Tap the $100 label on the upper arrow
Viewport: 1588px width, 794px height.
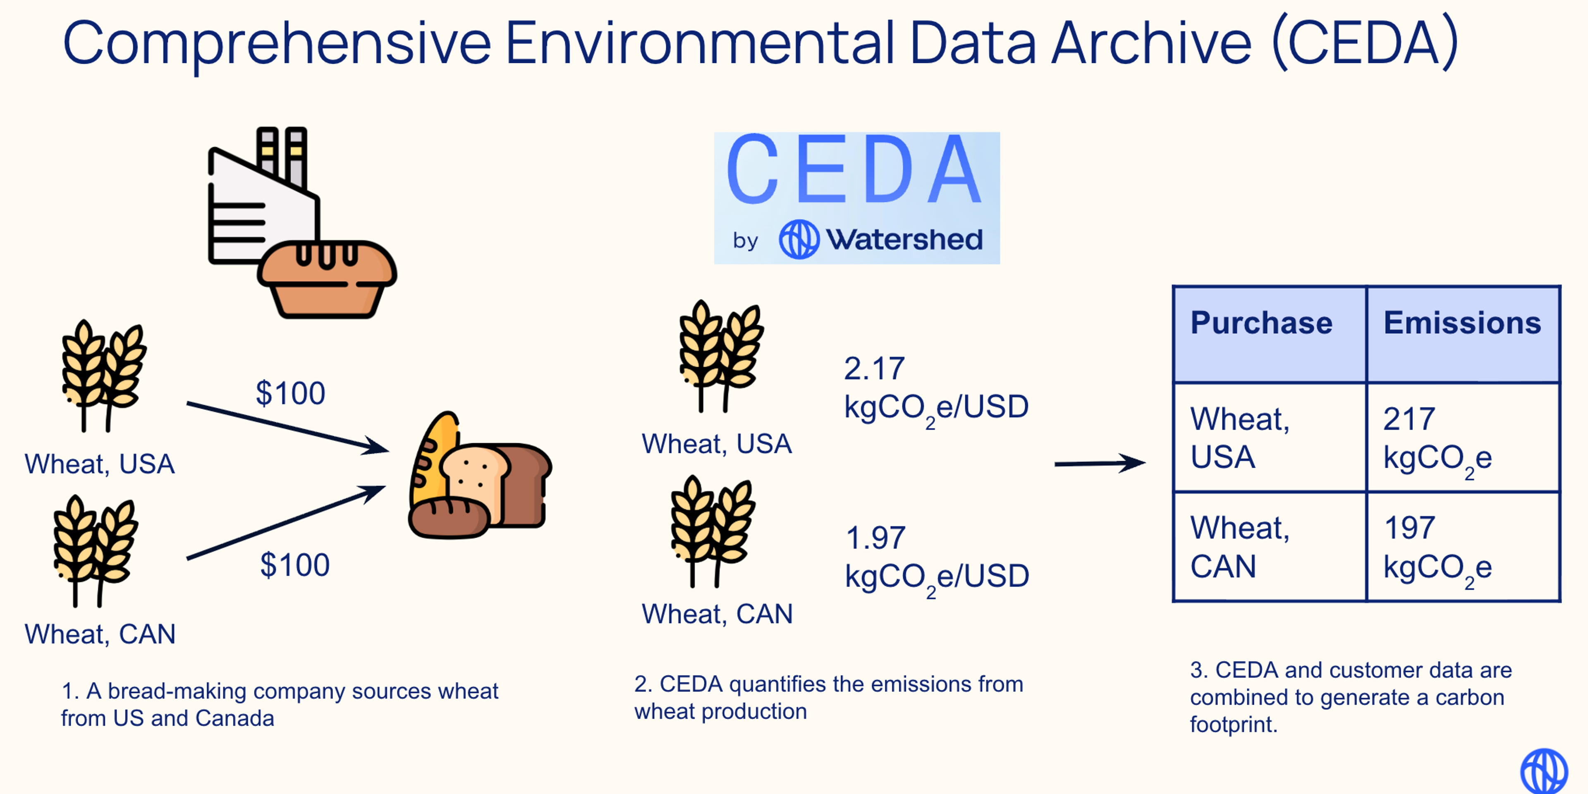(290, 393)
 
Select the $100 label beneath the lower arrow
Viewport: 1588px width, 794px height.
(295, 564)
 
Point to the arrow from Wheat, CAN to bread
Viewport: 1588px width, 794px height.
(285, 523)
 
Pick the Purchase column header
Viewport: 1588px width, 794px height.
(1261, 323)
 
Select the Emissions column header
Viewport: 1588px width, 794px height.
(1462, 323)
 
